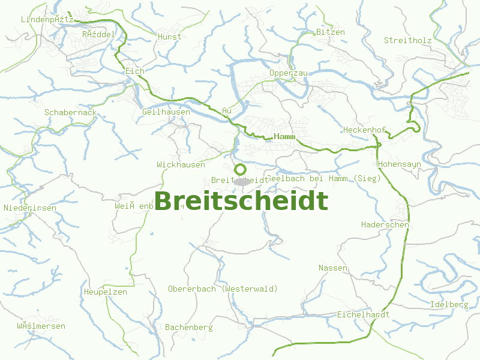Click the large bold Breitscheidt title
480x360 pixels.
(x=241, y=202)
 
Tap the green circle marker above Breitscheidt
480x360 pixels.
(x=240, y=170)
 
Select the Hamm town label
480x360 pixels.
(x=285, y=137)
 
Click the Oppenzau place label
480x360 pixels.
(x=289, y=73)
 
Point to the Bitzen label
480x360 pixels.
(x=331, y=32)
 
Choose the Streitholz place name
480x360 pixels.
(x=408, y=41)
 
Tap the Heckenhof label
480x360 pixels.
(x=364, y=130)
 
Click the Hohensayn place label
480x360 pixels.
(x=400, y=164)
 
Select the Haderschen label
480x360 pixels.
(x=385, y=225)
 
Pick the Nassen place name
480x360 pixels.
(x=333, y=268)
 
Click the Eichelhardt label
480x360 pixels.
(x=363, y=314)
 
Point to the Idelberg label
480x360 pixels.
(x=449, y=305)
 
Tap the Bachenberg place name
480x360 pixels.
(x=188, y=328)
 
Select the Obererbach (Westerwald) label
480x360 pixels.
(x=223, y=289)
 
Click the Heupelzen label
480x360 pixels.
(x=105, y=292)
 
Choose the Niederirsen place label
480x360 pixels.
(x=30, y=208)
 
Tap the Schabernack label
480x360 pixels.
(x=70, y=113)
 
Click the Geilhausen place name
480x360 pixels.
(x=166, y=112)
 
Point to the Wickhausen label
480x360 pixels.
(x=181, y=164)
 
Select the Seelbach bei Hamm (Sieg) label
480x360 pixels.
(x=324, y=178)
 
